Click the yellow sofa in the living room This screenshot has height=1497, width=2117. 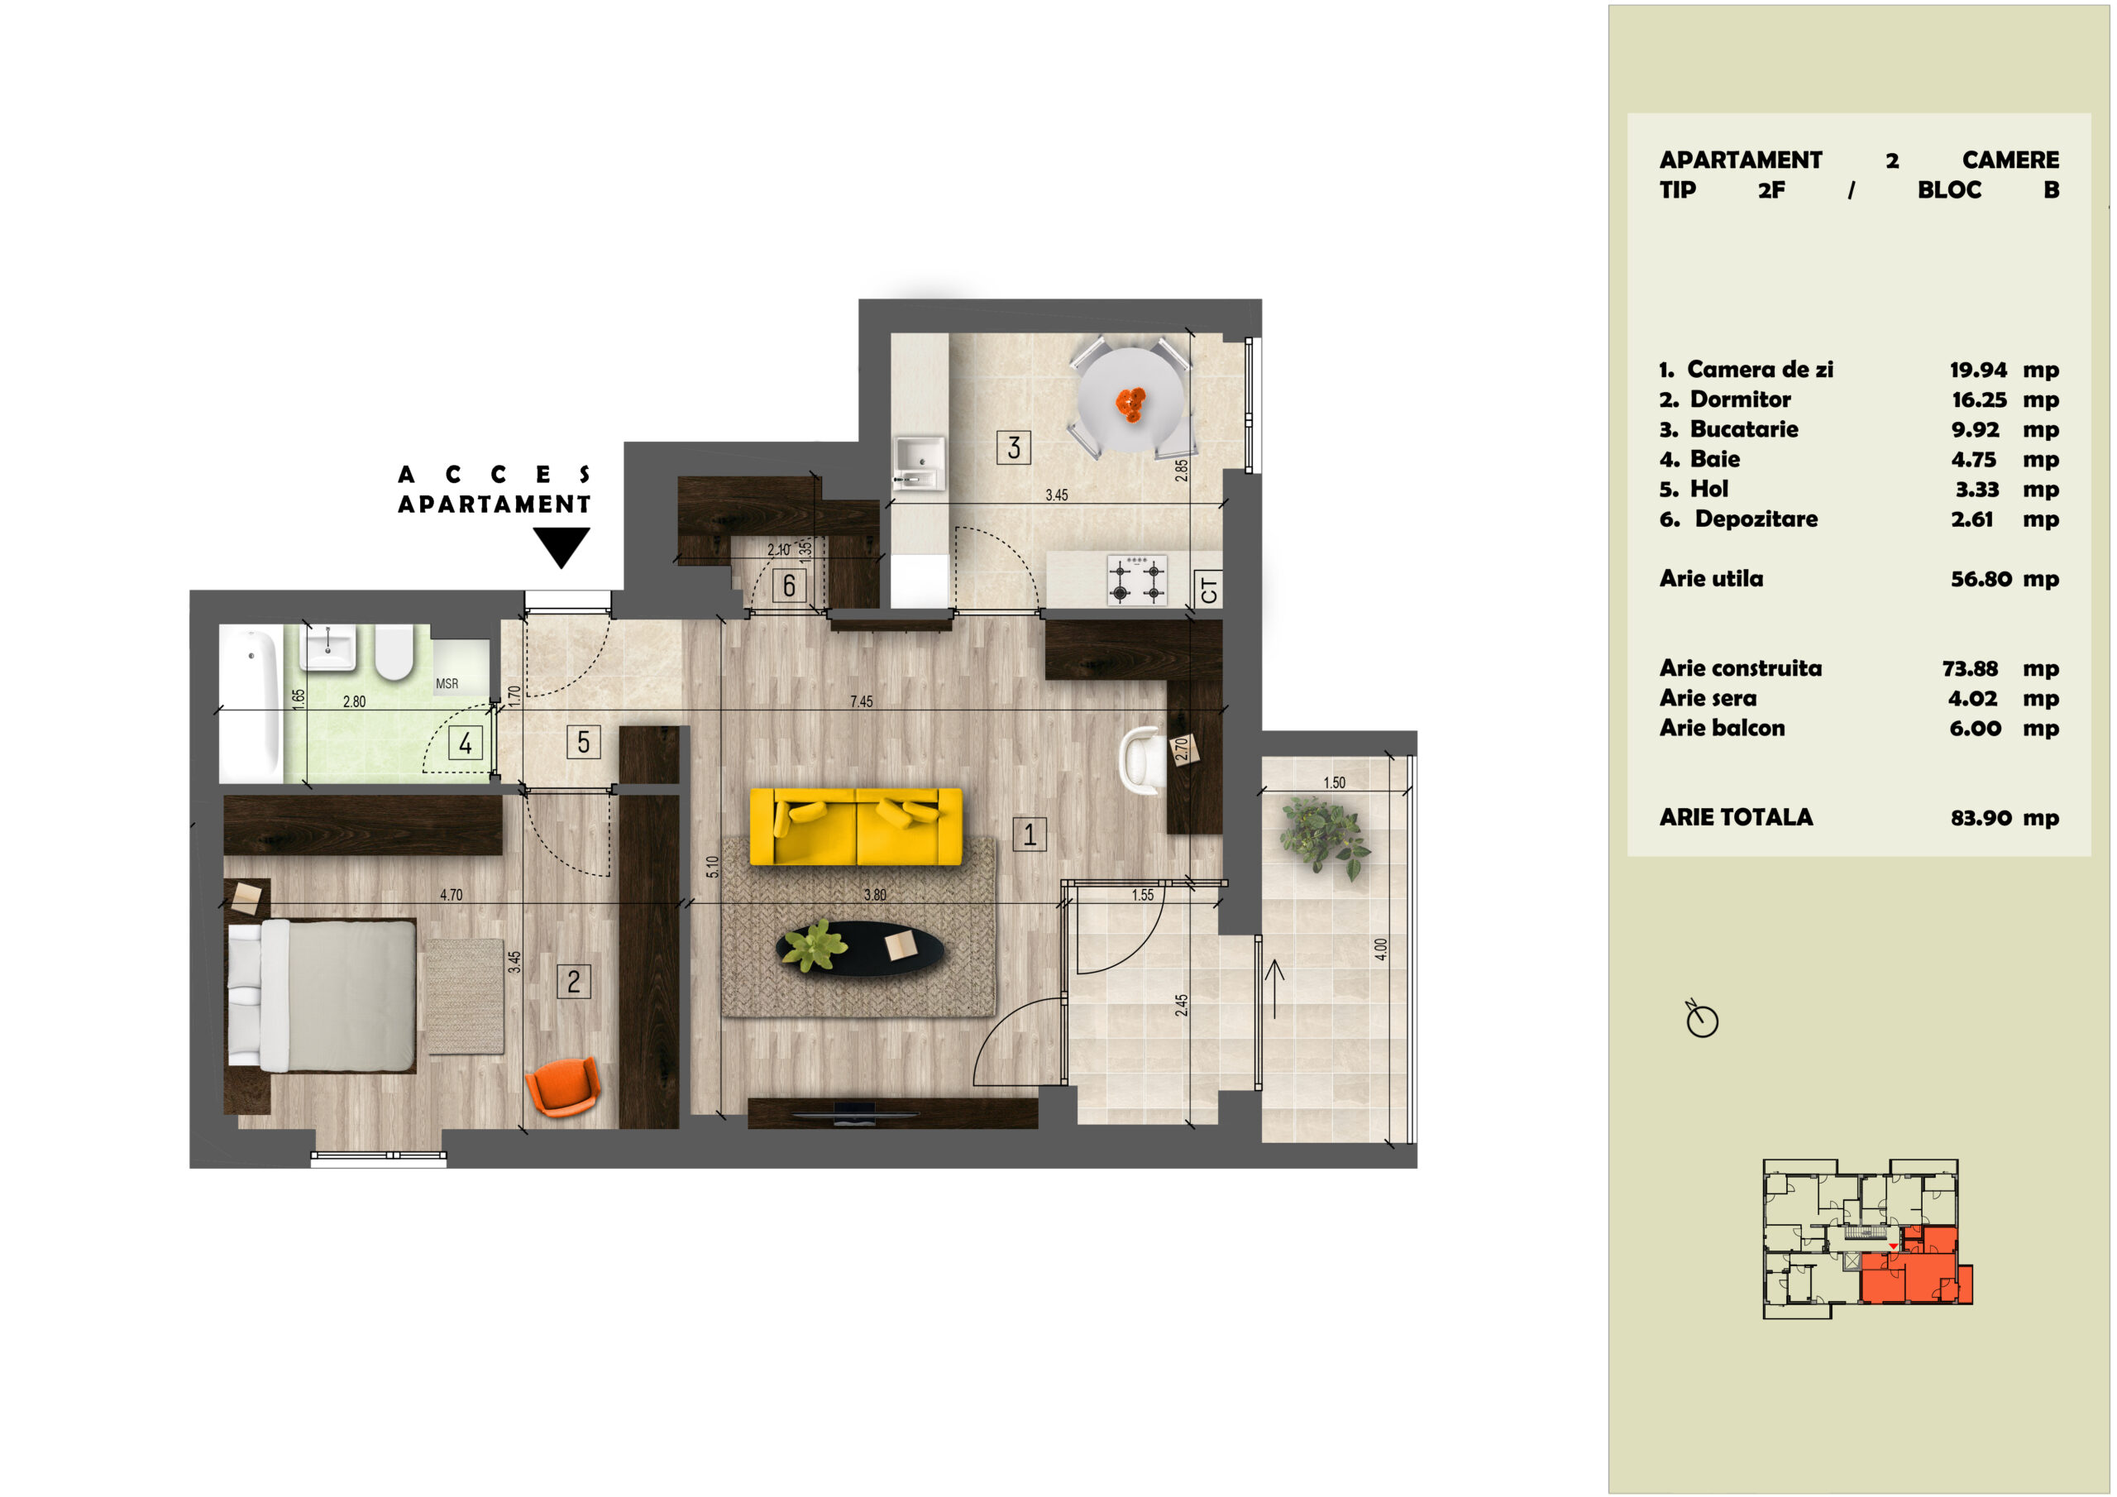click(x=856, y=826)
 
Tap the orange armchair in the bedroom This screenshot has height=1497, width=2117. click(x=562, y=1088)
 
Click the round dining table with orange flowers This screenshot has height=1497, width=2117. click(x=1131, y=399)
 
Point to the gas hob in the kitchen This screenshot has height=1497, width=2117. click(x=1137, y=580)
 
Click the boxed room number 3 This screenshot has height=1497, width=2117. click(x=1013, y=447)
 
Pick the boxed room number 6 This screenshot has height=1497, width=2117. click(x=788, y=586)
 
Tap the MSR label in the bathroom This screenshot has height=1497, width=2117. click(x=447, y=683)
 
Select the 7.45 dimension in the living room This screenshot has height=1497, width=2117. click(x=861, y=702)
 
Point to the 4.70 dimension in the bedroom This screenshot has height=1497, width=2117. click(x=451, y=895)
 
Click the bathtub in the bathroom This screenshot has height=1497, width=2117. click(x=251, y=704)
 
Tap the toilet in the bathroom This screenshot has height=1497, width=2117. click(x=394, y=652)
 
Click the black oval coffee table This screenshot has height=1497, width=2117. click(x=860, y=947)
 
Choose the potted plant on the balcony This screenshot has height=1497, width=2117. click(x=1324, y=838)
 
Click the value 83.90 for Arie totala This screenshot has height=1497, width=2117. click(x=1981, y=818)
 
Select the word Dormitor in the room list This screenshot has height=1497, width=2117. click(x=1740, y=399)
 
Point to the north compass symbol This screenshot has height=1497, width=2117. click(x=1702, y=1019)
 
